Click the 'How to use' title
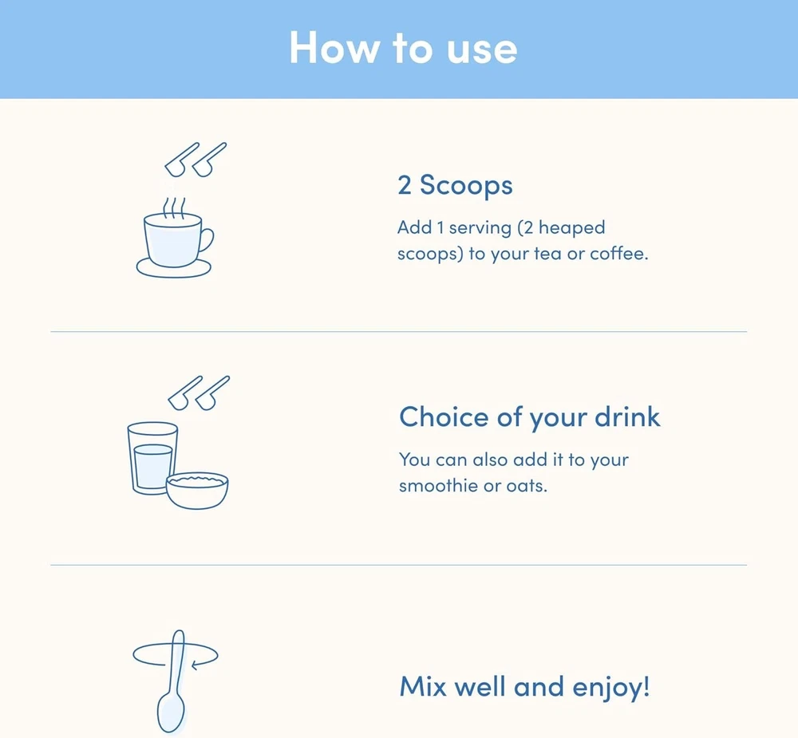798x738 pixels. point(403,48)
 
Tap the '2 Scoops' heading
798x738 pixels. point(455,185)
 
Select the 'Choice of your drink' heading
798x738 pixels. point(530,417)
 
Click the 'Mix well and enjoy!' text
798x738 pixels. point(525,687)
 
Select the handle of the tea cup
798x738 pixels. point(207,240)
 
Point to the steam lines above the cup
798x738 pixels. point(173,207)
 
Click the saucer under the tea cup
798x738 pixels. point(173,269)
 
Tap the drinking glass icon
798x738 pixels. point(152,458)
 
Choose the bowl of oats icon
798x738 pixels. point(197,491)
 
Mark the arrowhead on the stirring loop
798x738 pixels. point(196,664)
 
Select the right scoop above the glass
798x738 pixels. point(212,393)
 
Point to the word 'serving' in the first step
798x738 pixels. point(480,227)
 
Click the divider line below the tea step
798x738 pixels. point(398,331)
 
